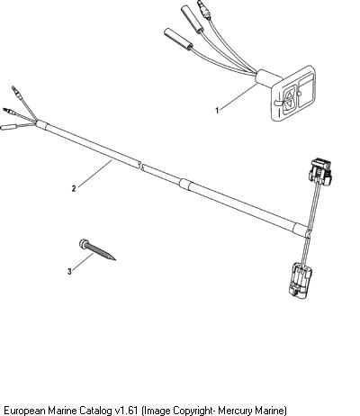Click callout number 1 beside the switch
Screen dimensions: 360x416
[x=217, y=111]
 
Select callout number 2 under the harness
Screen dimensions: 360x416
[x=74, y=188]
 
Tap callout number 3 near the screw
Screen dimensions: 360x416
[x=69, y=272]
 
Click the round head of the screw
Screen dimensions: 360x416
[x=83, y=243]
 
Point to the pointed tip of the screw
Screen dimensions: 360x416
[x=114, y=259]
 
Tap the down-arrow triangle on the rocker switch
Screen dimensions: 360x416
[x=289, y=104]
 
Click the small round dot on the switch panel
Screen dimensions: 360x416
[x=299, y=94]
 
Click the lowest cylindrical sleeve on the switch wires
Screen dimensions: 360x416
[x=178, y=39]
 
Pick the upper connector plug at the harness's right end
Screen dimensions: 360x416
[x=320, y=173]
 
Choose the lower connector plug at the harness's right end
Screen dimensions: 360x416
[x=300, y=281]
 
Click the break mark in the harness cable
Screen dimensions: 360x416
[x=140, y=166]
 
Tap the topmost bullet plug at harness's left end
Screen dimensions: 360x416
[x=17, y=93]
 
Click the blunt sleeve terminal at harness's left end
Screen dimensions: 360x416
[x=8, y=127]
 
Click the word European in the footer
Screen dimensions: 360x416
[x=24, y=410]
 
